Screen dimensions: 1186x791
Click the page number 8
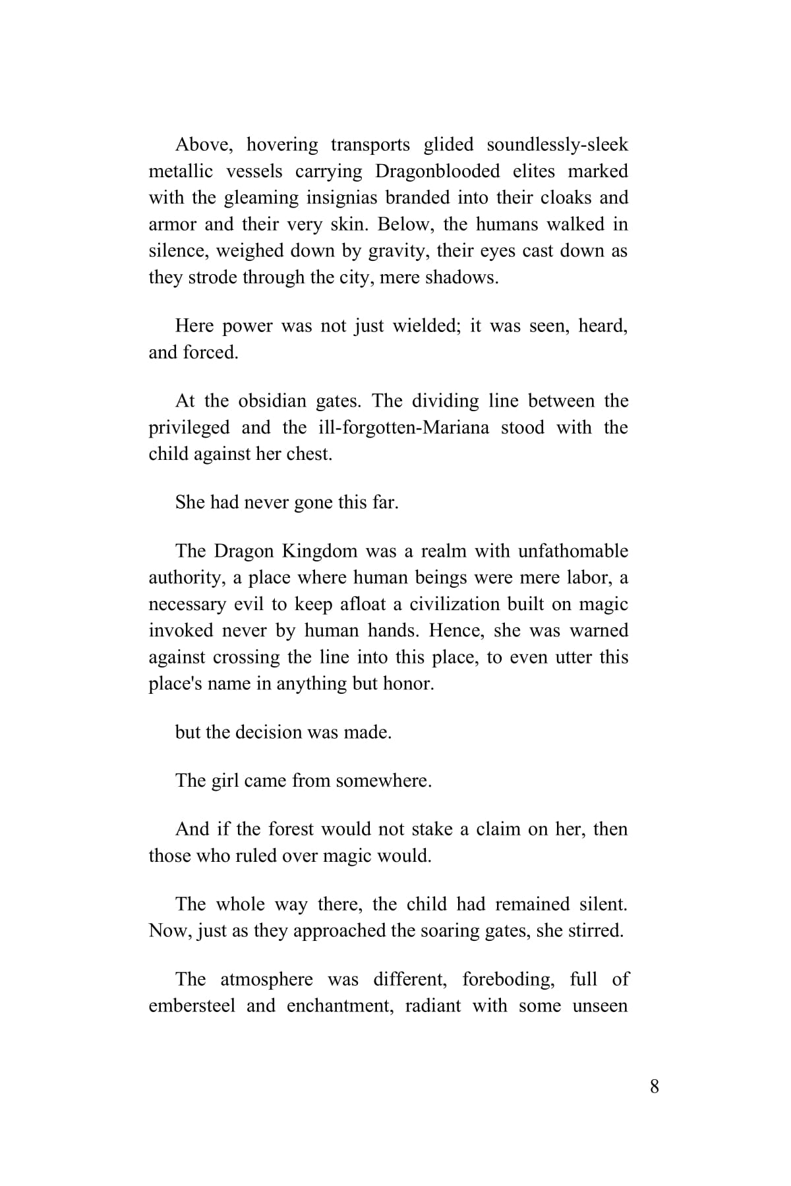point(654,1087)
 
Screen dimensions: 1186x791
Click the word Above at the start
point(200,144)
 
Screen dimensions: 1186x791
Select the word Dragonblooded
point(438,171)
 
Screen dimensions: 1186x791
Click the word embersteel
point(192,1006)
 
